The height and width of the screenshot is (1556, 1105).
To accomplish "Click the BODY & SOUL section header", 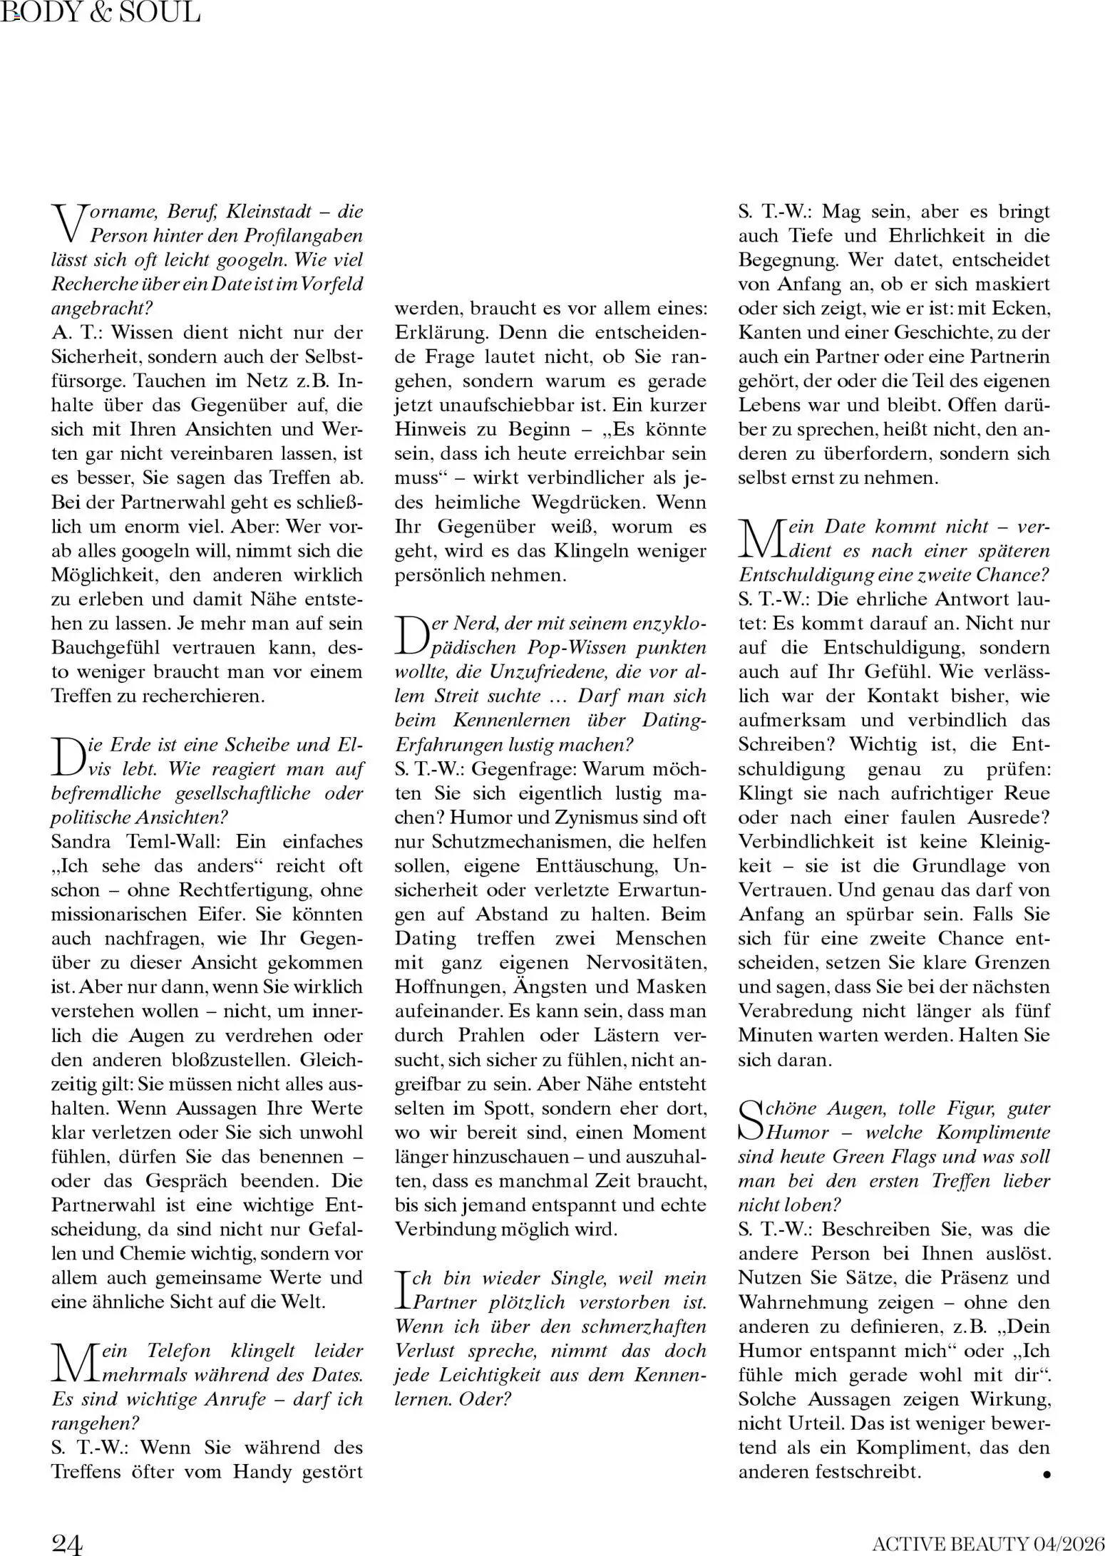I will point(101,12).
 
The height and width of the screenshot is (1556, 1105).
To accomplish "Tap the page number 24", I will point(67,1543).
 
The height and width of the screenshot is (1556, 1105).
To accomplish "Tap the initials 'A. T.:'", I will point(78,333).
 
